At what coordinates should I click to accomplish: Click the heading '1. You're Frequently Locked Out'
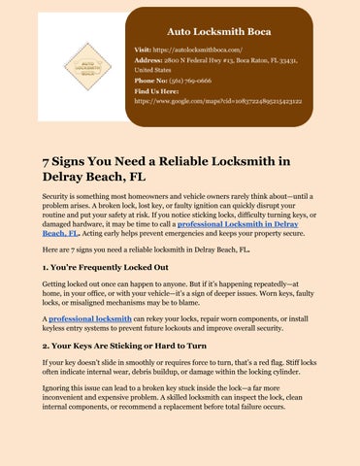(105, 266)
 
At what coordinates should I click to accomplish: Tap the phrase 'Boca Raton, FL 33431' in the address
(292, 58)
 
